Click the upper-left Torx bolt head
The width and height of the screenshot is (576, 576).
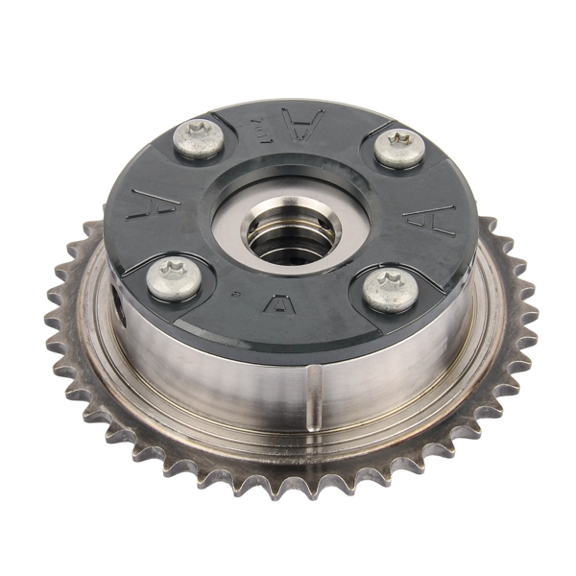[x=199, y=138]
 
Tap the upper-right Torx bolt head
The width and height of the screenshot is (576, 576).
[x=399, y=148]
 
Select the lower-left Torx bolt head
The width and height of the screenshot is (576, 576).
[x=175, y=279]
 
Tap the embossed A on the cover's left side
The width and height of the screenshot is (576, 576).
[x=155, y=204]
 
